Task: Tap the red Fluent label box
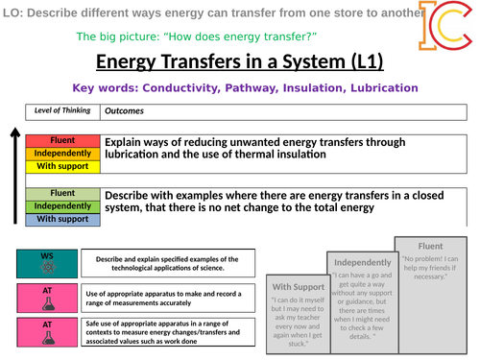point(61,140)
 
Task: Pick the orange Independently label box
point(61,153)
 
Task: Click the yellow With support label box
point(61,165)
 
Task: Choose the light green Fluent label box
point(61,193)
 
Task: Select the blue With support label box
point(61,219)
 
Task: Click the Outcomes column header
point(124,110)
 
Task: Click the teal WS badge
point(47,262)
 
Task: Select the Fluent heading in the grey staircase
point(431,245)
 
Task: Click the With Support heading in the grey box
point(297,286)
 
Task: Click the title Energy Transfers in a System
point(240,62)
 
